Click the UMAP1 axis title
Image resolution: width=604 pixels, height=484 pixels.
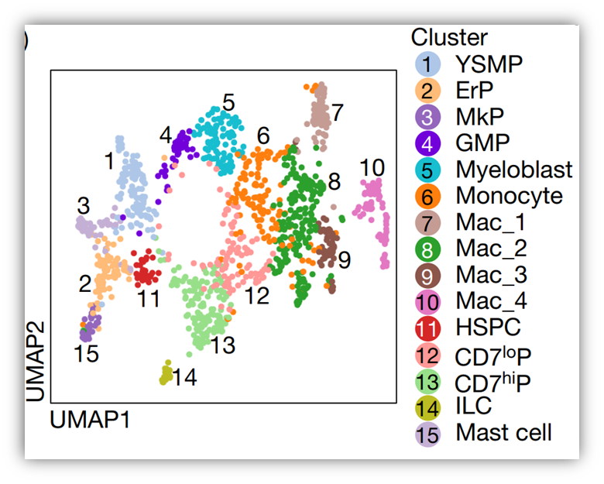(89, 420)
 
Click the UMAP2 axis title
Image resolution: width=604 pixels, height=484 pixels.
(36, 362)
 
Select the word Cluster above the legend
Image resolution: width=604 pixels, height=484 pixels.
(449, 37)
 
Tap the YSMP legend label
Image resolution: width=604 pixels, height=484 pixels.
(489, 64)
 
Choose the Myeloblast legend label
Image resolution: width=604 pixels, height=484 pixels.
(514, 169)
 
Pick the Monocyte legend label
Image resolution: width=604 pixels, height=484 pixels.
(509, 195)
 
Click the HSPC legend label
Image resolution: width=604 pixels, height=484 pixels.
(488, 327)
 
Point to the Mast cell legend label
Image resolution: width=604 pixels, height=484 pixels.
(504, 432)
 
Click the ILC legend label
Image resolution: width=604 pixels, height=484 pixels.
(474, 406)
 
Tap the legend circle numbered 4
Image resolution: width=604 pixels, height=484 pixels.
(427, 142)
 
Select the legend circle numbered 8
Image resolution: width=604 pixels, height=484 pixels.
(427, 248)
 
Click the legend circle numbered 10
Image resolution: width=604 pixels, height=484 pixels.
(427, 300)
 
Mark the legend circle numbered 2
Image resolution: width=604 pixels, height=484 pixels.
(427, 90)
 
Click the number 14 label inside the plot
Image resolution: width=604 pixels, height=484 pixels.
(185, 378)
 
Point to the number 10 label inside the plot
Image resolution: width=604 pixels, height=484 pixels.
(372, 167)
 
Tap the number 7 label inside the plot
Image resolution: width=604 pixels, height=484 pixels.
(337, 112)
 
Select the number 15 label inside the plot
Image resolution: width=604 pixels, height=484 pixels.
(87, 355)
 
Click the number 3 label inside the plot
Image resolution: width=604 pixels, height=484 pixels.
(83, 206)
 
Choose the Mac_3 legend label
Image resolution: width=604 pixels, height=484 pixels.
(491, 274)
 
